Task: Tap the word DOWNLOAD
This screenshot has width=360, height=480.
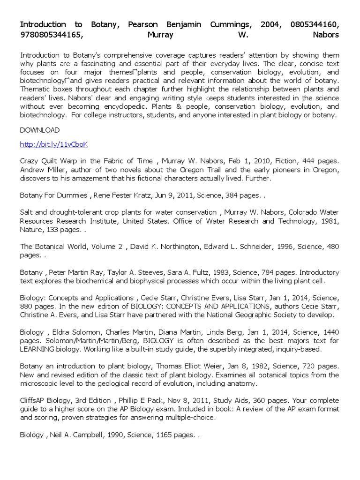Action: pyautogui.click(x=40, y=130)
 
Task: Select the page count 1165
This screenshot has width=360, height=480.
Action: pyautogui.click(x=159, y=435)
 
